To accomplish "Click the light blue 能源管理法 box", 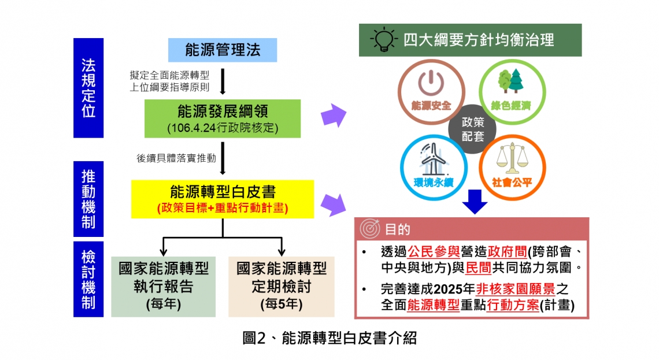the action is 223,50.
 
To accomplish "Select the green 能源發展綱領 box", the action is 223,118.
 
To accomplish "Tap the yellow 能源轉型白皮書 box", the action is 223,199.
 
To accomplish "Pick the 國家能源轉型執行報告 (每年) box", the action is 164,287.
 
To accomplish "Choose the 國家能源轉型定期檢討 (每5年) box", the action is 281,287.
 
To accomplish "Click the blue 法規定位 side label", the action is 88,88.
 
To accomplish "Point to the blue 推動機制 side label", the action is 88,199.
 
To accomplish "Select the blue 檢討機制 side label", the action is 88,279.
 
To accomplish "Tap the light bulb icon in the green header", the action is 383,39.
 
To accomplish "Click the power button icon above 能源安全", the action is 431,83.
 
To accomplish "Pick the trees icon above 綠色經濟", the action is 510,81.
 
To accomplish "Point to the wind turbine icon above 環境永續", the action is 433,159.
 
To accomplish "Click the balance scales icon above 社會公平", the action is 512,159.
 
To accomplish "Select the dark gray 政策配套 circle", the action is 472,129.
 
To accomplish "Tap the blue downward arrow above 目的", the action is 475,202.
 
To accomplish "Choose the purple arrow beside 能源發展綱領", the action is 334,116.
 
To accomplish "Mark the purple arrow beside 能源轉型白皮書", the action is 333,205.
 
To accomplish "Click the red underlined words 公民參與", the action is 434,251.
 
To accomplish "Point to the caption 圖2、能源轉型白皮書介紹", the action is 329,337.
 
